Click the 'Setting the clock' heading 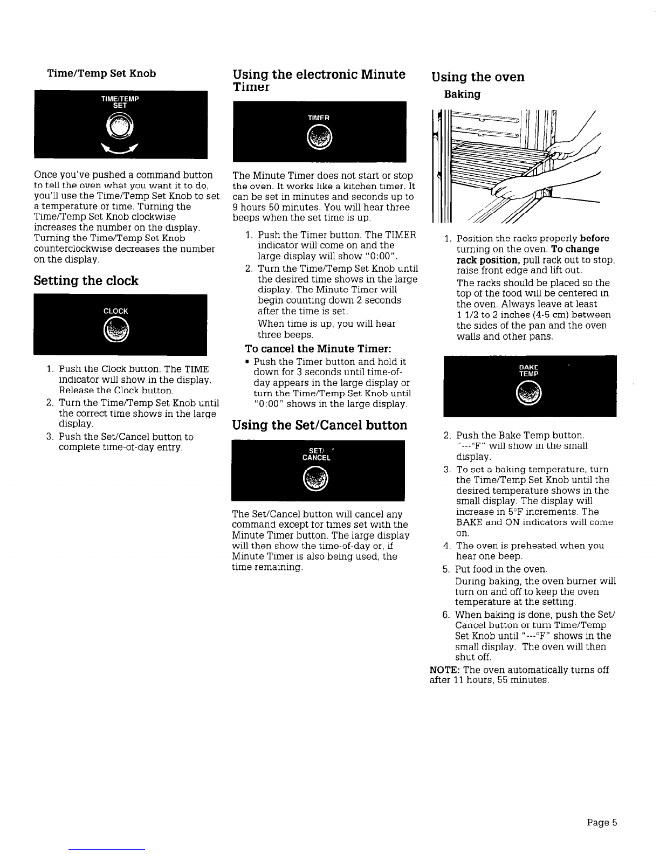tap(86, 281)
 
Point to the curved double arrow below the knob tap(121, 149)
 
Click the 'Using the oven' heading tap(478, 77)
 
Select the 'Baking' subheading tap(462, 95)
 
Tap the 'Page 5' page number tap(602, 823)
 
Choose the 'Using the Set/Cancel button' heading tap(319, 425)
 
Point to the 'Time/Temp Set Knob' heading tap(102, 73)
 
